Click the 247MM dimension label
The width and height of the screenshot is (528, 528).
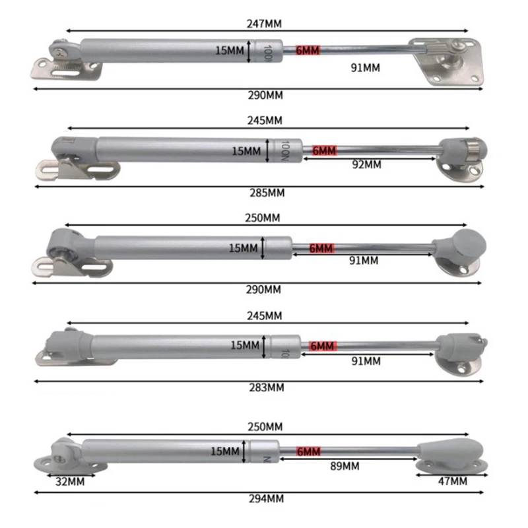pos(264,24)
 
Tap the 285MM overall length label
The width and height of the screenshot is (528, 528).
pos(267,193)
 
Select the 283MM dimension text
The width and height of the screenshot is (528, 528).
pos(267,387)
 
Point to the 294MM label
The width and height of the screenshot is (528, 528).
pos(267,499)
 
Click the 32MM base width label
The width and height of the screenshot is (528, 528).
pos(70,482)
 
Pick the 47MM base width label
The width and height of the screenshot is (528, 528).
pos(453,482)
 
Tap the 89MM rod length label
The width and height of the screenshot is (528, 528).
pos(345,467)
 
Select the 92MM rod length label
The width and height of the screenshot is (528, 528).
pos(367,164)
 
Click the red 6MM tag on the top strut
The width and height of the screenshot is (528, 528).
pos(308,50)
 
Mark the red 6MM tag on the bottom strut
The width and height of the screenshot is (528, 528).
pos(308,451)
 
